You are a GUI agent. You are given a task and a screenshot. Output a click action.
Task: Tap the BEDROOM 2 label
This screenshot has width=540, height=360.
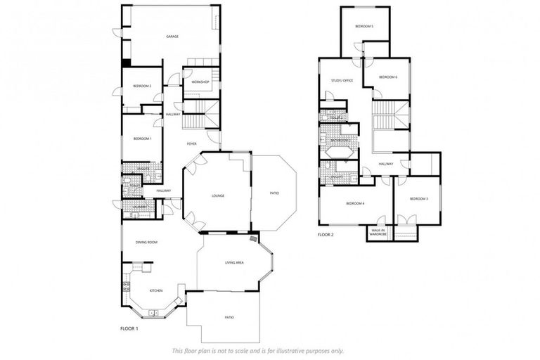(142, 86)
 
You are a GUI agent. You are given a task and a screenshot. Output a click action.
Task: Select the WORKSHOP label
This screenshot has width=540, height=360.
(200, 82)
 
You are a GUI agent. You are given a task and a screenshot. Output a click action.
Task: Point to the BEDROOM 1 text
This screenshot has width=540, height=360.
(142, 139)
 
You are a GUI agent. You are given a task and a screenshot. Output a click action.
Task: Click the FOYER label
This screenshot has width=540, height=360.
(191, 144)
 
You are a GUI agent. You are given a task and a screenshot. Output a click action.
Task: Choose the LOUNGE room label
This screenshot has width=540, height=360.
(217, 195)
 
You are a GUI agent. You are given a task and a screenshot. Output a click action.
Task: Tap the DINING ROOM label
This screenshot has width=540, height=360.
(146, 242)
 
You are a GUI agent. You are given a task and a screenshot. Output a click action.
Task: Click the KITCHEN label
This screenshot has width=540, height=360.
(156, 290)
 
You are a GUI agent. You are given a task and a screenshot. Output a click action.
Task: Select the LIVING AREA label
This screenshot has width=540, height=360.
(234, 262)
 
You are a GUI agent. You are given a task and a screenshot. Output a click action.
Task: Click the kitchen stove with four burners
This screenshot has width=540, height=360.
(127, 287)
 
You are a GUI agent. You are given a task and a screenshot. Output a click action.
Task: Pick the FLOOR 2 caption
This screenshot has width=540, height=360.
(325, 234)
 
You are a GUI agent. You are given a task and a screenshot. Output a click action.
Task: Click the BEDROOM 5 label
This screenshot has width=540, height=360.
(364, 26)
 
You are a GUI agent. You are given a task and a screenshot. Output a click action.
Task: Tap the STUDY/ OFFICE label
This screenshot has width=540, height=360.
(342, 81)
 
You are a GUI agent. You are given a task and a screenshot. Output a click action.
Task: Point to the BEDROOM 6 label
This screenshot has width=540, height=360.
(388, 77)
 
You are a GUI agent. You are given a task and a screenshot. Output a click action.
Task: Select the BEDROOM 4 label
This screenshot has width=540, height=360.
(354, 203)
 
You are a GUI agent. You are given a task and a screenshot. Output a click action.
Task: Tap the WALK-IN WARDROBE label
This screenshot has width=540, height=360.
(378, 232)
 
